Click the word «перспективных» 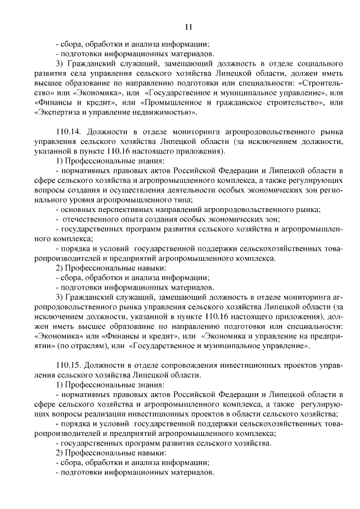pos(118,209)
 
